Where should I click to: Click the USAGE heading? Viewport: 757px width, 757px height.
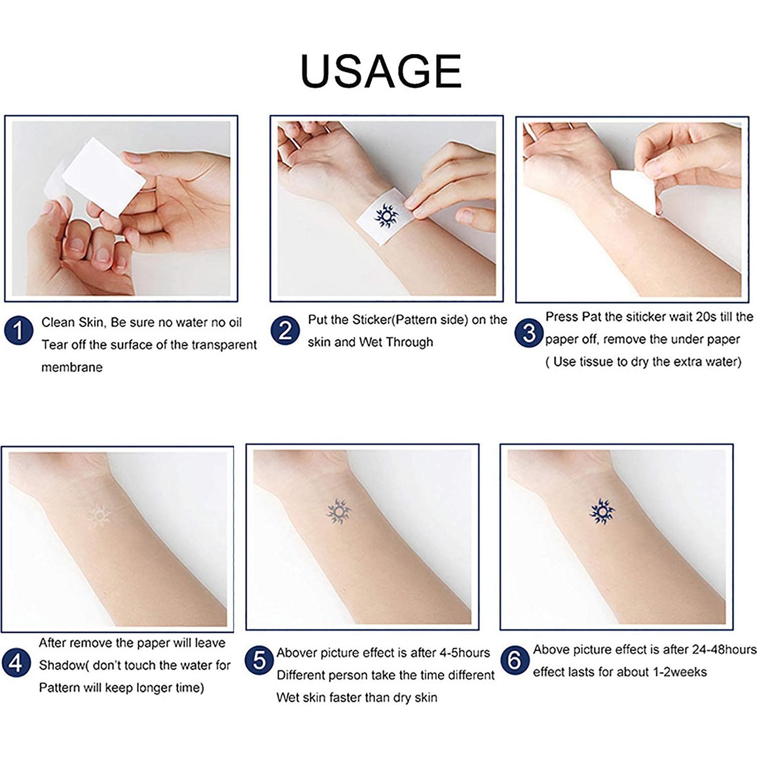pos(381,70)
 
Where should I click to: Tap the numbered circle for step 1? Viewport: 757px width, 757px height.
pos(18,331)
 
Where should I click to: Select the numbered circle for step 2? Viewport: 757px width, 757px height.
pos(285,331)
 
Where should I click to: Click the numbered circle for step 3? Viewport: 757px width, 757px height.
pos(529,333)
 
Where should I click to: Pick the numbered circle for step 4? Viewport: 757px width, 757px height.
pos(16,663)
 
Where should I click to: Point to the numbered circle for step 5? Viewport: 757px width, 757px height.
pos(259,661)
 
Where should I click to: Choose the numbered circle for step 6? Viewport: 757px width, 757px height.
pos(514,660)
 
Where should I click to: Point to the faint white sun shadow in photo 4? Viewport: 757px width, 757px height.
pos(99,516)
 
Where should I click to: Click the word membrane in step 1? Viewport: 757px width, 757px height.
pos(71,367)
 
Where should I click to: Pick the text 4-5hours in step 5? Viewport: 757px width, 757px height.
pos(465,653)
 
